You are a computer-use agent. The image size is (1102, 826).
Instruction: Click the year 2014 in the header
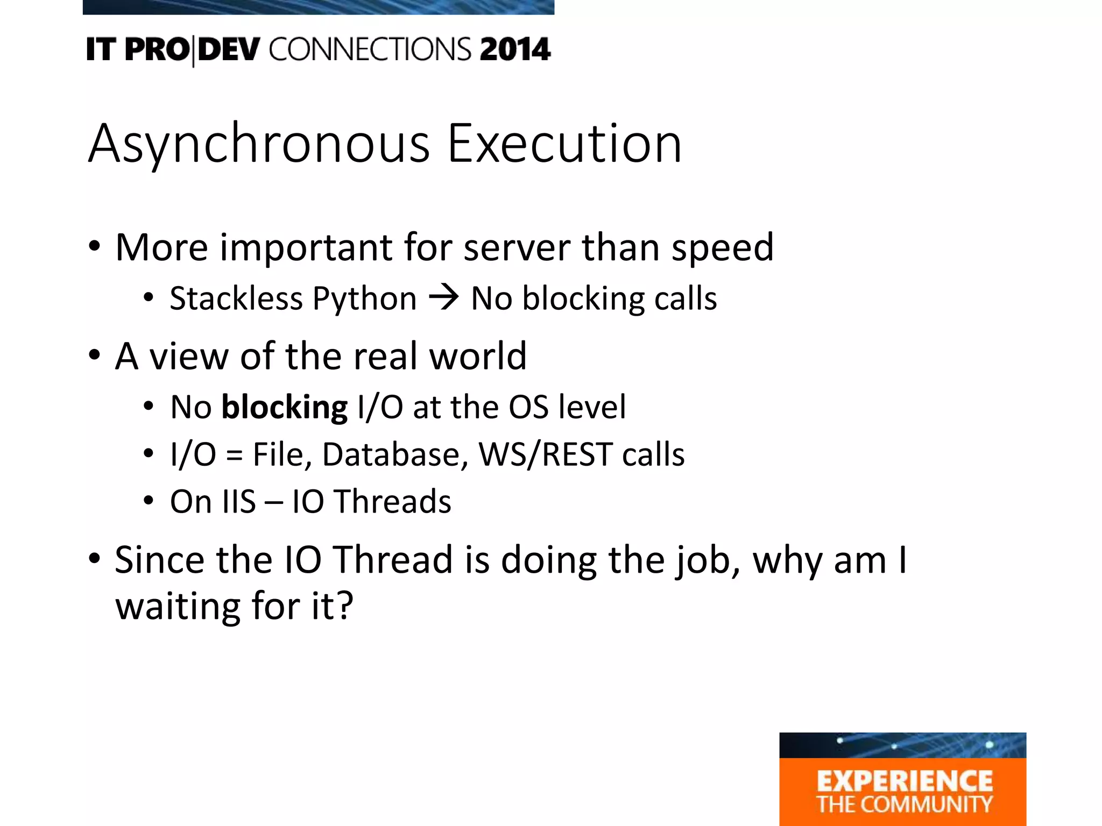pos(515,49)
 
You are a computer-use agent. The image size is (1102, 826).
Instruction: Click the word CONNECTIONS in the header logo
pos(370,49)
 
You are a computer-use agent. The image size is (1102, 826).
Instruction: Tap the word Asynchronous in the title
pos(258,144)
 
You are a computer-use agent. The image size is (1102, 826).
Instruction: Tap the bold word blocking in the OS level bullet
pos(284,408)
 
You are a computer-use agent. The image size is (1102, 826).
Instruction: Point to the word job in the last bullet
pos(708,561)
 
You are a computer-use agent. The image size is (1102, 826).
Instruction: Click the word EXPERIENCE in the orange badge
pos(904,781)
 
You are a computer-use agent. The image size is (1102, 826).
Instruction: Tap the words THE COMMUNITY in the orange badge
pos(904,804)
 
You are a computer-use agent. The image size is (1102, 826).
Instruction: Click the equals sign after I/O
pos(234,455)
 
